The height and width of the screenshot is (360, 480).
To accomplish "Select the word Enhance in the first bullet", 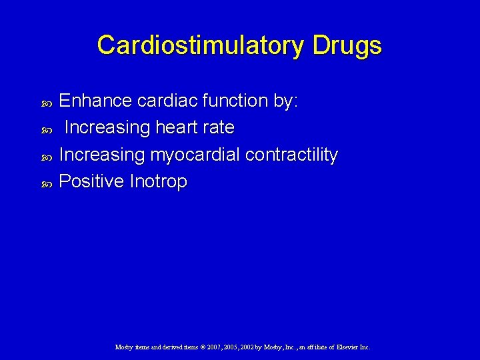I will pos(96,101).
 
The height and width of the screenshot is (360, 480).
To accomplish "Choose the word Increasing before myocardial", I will pos(102,155).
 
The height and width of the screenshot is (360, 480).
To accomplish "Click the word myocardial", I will pos(195,155).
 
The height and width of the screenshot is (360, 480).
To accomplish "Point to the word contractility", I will pos(291,155).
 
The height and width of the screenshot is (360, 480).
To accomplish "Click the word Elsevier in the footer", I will pos(344,347).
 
